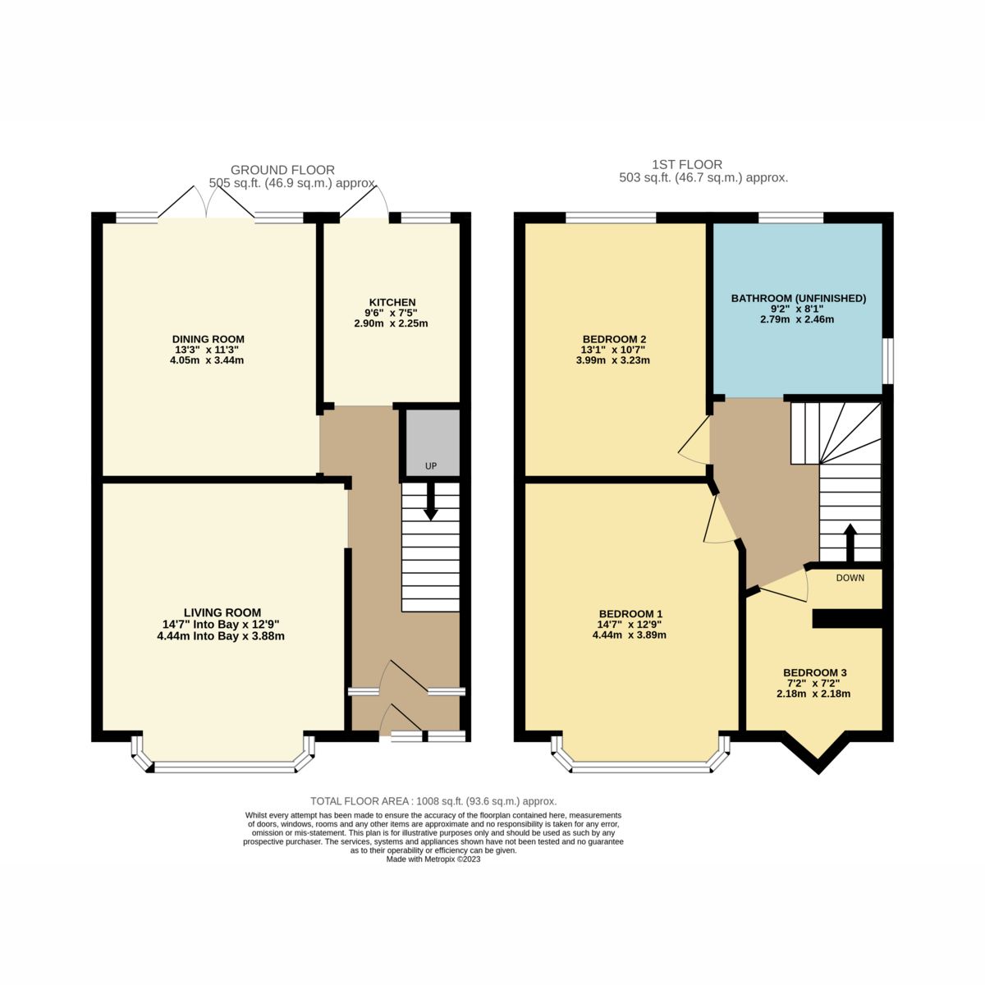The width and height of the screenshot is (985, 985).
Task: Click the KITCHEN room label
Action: coord(390,302)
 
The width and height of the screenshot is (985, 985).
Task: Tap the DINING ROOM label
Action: coord(208,339)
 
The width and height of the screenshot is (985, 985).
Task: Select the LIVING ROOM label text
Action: coord(222,612)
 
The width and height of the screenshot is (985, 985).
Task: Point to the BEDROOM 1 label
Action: coord(630,614)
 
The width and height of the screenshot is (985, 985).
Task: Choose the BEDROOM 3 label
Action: coord(814,673)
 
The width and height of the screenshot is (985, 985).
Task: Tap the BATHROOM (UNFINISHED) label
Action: coord(798,298)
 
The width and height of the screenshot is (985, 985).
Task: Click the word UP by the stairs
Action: coord(430,466)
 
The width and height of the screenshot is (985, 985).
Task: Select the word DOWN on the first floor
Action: coord(850,578)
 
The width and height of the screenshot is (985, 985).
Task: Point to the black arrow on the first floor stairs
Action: coord(850,540)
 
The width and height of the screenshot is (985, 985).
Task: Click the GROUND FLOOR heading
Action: coord(282,170)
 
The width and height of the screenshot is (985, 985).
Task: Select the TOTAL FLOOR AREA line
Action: coord(433,801)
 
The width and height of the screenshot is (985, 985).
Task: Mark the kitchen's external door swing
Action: coord(366,202)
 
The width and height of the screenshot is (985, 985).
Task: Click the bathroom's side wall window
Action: coord(887,360)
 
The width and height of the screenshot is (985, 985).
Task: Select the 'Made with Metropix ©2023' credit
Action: coord(433,859)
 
